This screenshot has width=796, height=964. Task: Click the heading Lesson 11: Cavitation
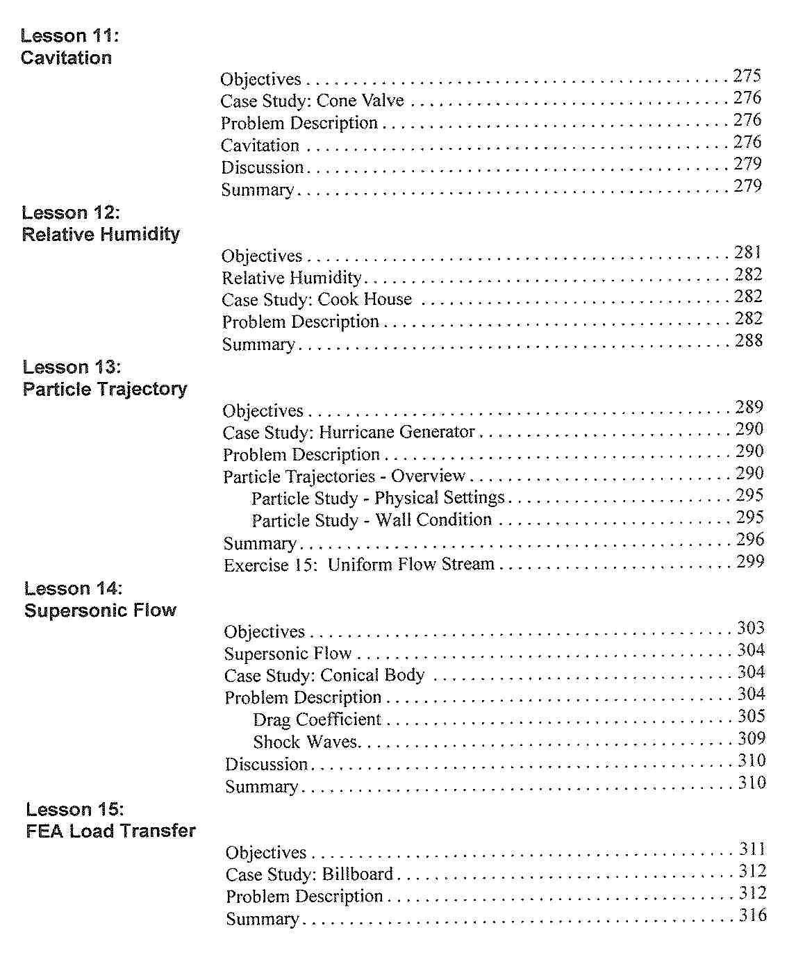point(66,47)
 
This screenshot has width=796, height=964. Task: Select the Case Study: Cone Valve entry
point(312,101)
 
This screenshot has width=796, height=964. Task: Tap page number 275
point(747,76)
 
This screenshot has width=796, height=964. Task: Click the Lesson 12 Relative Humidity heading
point(101,224)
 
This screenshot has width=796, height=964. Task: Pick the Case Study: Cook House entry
point(317,299)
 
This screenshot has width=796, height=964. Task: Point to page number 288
point(749,340)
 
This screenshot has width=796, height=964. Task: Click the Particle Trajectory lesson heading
point(105,379)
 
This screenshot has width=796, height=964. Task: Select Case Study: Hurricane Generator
point(349,432)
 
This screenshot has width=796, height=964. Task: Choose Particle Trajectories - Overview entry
point(344,476)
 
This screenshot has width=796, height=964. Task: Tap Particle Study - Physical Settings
point(378,498)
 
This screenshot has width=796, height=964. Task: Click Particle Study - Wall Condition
point(372,520)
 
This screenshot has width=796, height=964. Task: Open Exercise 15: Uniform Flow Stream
point(359,565)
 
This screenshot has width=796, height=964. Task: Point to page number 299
point(750,561)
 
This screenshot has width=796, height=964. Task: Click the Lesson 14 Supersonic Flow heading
point(100,600)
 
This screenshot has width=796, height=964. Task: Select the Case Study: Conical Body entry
point(324,675)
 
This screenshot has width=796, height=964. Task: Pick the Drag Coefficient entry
point(317,720)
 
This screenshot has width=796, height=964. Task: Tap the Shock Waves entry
point(306,742)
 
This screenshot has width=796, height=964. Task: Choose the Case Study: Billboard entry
point(310,874)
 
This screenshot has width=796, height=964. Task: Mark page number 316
point(753,915)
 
